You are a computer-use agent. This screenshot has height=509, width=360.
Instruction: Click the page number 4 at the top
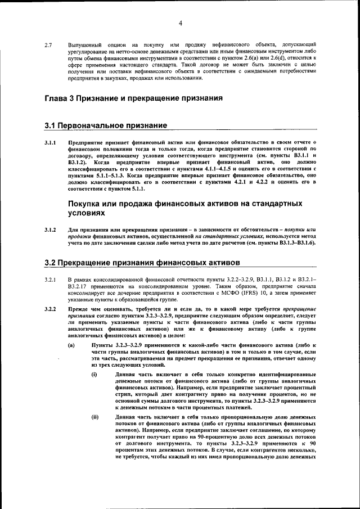181,23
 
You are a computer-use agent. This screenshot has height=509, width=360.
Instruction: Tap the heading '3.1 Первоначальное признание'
105,124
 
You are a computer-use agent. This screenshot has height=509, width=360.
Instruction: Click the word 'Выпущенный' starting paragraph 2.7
84,44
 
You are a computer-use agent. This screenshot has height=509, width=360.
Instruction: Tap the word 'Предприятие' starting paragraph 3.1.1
86,143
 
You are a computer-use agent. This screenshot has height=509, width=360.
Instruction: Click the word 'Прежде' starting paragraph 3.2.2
79,310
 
